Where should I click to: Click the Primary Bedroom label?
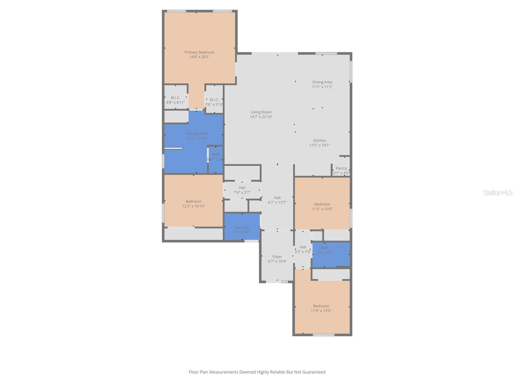[199, 52]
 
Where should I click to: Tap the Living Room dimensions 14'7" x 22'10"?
[261, 117]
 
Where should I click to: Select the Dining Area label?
[322, 82]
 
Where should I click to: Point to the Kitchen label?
[319, 141]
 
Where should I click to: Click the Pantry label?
[341, 168]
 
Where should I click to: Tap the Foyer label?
[277, 257]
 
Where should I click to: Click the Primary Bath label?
[197, 134]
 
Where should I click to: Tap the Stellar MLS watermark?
[498, 193]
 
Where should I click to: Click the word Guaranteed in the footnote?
[312, 372]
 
